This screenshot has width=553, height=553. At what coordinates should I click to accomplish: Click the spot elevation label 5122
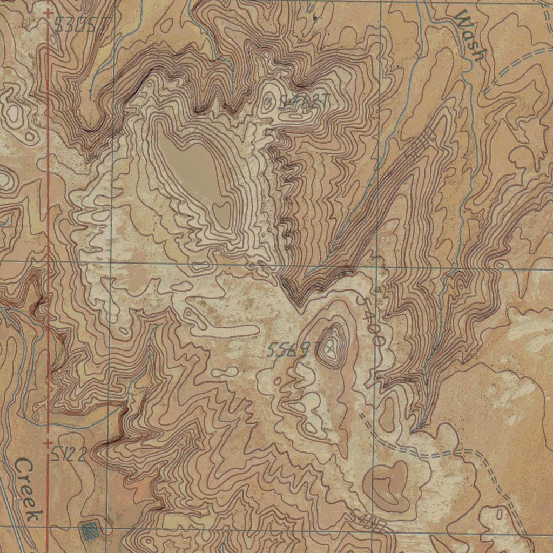coord(69,455)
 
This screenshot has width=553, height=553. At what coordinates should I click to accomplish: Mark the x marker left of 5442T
coord(269,100)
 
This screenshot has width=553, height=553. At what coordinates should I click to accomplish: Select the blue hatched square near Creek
coord(89,531)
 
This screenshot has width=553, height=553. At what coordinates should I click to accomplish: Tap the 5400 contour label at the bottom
coord(368,521)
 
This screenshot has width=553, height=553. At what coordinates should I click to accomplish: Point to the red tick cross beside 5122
coord(49,443)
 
